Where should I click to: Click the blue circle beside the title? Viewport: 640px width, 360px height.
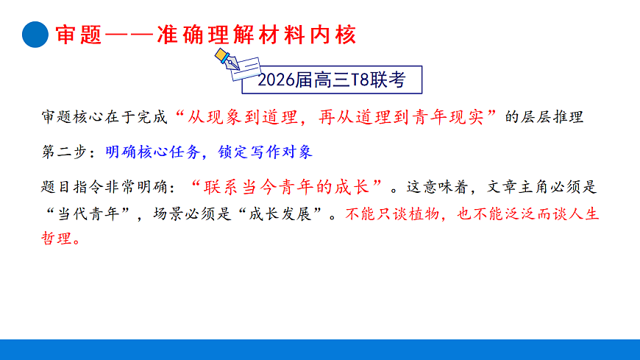tap(35, 34)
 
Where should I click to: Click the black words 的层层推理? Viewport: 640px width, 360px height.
tap(545, 116)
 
